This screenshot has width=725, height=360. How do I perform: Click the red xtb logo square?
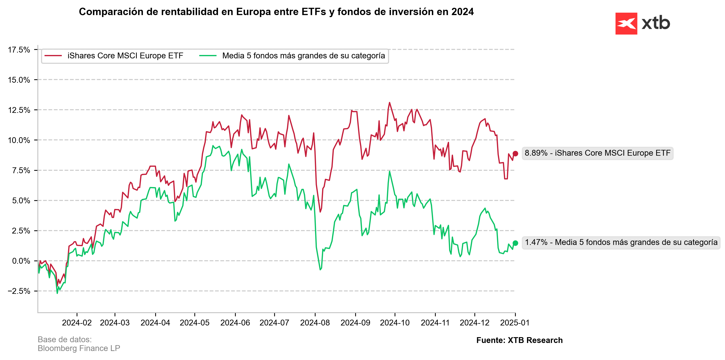[626, 24]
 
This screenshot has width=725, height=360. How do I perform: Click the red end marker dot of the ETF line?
[515, 153]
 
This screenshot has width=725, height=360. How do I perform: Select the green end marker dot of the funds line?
[515, 243]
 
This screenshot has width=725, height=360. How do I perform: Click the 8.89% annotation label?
[597, 153]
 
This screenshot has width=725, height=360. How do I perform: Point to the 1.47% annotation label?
[621, 242]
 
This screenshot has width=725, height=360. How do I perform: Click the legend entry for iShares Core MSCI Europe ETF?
[125, 56]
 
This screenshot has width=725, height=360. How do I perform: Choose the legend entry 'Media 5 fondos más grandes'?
[303, 56]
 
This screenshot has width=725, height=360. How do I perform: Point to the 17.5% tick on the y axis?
[19, 50]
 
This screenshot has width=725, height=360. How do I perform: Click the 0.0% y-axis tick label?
[21, 261]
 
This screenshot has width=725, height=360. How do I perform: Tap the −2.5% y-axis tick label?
[19, 291]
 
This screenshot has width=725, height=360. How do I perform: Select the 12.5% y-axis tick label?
[19, 110]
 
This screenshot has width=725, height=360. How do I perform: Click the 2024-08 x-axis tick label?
[315, 323]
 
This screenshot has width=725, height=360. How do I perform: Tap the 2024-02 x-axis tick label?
[77, 323]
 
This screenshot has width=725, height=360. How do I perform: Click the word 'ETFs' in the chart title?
[314, 12]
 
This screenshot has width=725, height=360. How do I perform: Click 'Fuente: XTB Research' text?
[519, 340]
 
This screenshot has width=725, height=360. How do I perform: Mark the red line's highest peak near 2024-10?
[390, 103]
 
